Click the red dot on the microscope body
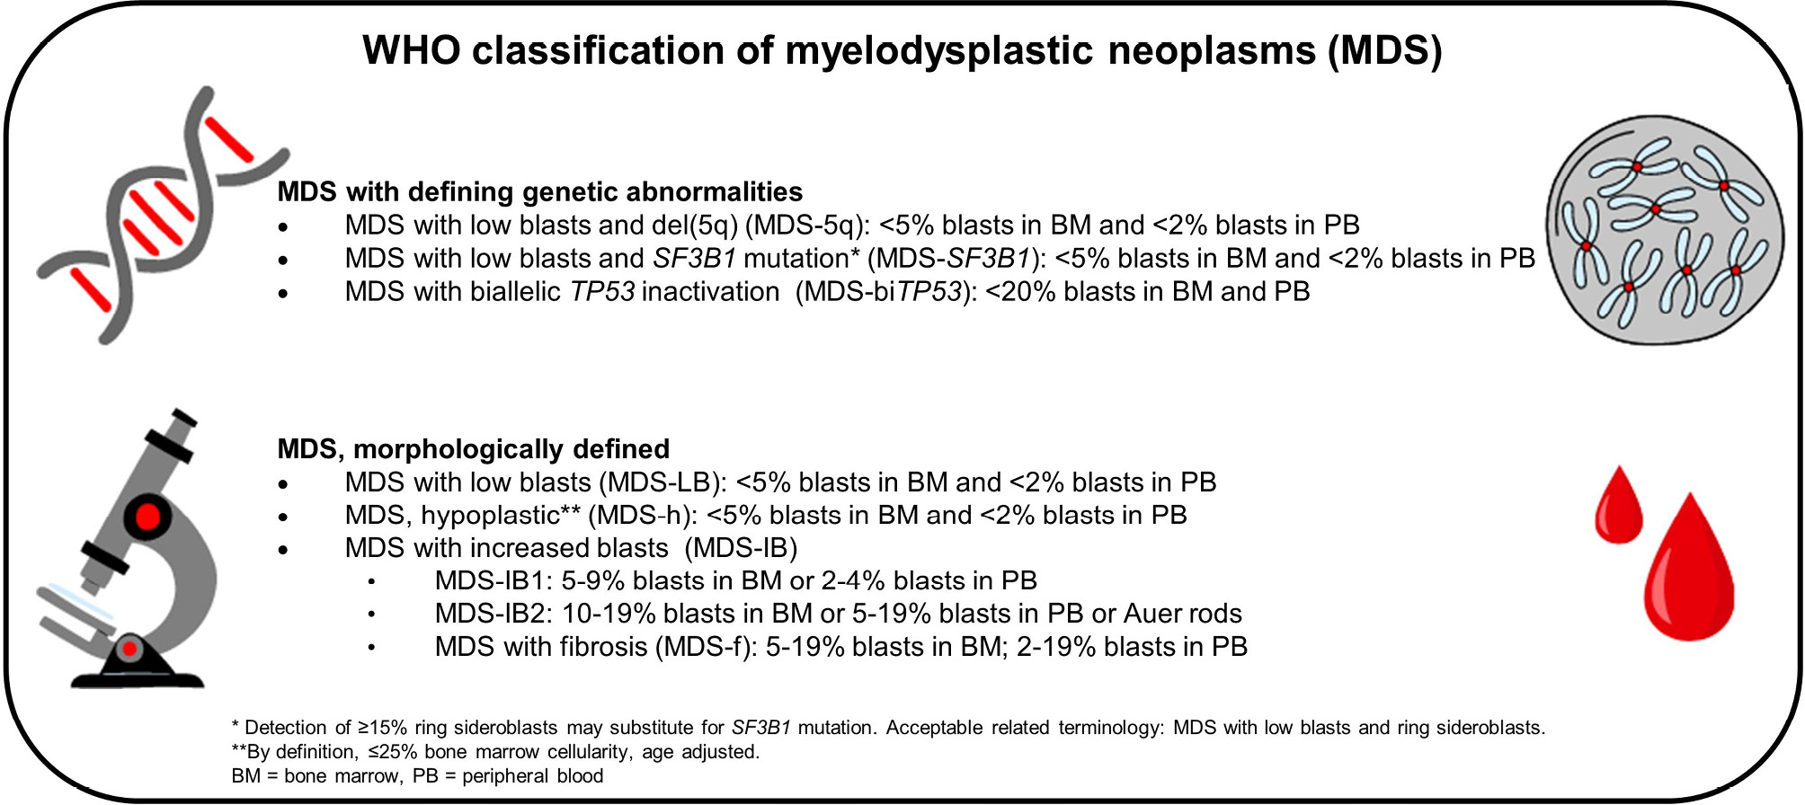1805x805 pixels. click(147, 517)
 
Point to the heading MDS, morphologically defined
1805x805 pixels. click(473, 449)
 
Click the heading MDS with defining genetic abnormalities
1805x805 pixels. click(539, 192)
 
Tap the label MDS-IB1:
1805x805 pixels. click(493, 581)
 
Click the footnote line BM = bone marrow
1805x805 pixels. click(315, 776)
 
